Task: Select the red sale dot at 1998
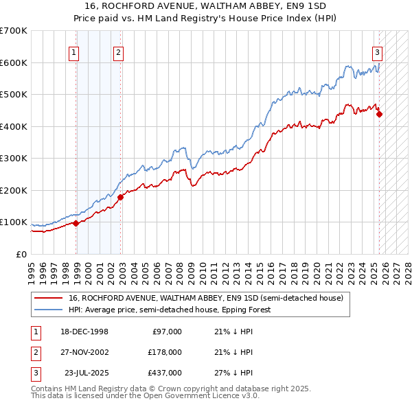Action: coord(76,223)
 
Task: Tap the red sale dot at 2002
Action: coord(120,197)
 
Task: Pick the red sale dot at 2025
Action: coord(379,115)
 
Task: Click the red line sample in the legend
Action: coord(47,298)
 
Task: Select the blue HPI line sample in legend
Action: coord(47,310)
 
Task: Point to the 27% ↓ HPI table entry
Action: coord(233,373)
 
